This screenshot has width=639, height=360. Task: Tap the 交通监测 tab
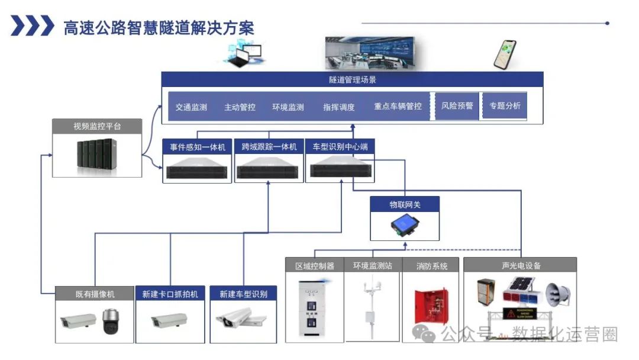coord(191,107)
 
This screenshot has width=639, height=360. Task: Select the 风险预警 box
coord(457,106)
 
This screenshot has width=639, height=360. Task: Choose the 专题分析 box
coord(505,106)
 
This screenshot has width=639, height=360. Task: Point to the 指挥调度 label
coord(339,107)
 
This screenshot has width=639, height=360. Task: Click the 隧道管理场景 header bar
coord(353,79)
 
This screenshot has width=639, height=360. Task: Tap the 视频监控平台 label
coord(97,126)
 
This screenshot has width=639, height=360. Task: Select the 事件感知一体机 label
coord(197,146)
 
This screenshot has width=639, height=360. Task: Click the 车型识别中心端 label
coord(340,146)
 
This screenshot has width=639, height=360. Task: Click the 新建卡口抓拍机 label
coord(170,294)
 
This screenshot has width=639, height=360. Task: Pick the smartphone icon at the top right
coord(505,54)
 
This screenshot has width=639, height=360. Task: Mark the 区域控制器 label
coord(315,266)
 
